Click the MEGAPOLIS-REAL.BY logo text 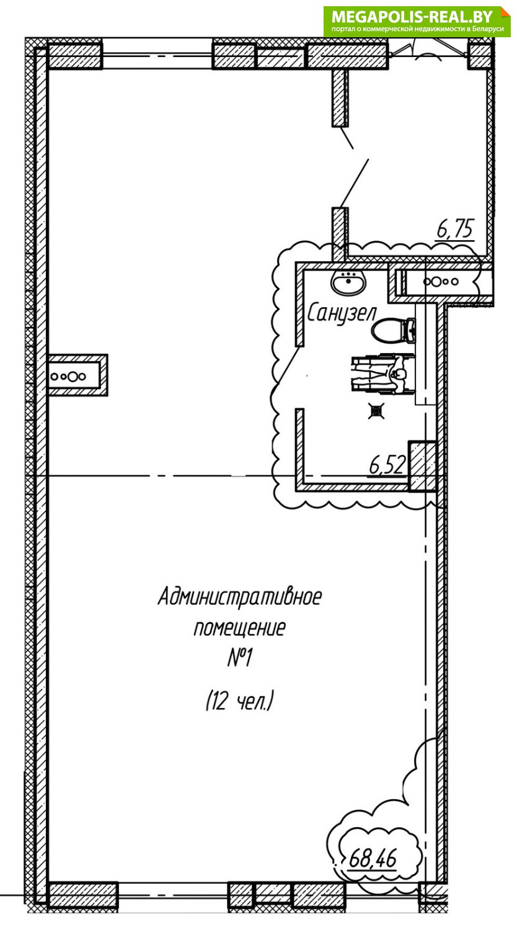[x=412, y=17]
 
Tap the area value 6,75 [x=455, y=229]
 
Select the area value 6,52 [x=387, y=465]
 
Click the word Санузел [x=341, y=313]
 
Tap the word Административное [x=240, y=597]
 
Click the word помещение [x=240, y=628]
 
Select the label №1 [x=240, y=658]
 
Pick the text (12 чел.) [x=240, y=701]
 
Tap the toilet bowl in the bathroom [x=394, y=331]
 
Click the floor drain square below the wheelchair [x=377, y=411]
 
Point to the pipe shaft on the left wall [x=77, y=375]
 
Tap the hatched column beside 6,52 [x=422, y=467]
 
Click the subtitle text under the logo [x=417, y=29]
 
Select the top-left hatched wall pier [x=74, y=55]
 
